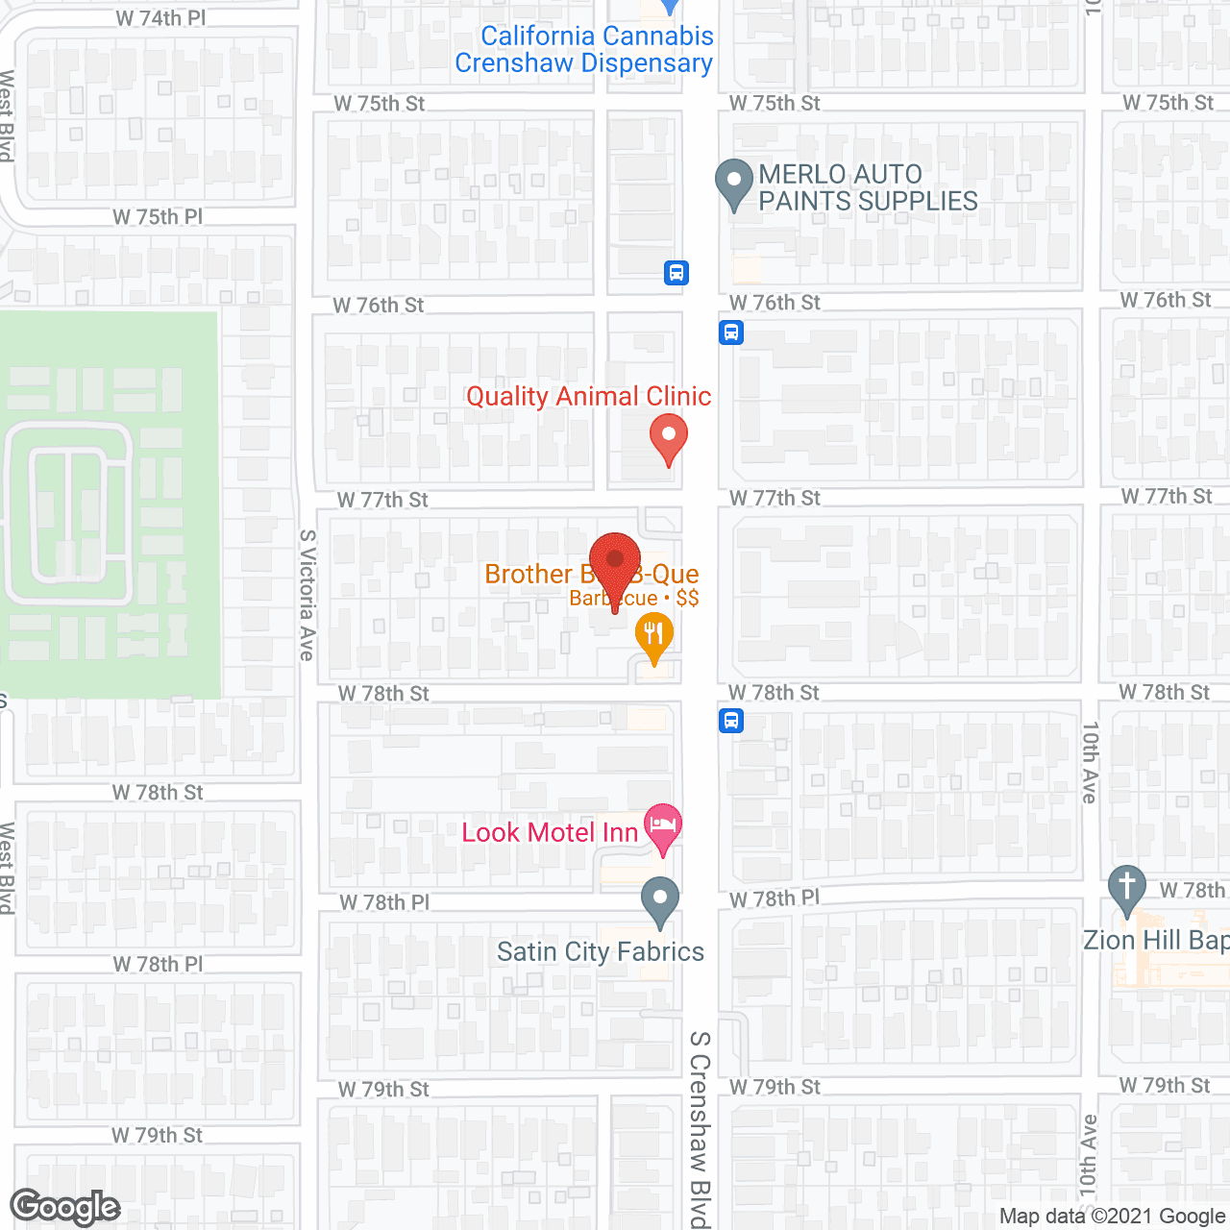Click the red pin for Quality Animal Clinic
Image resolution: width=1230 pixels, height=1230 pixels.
[x=669, y=438]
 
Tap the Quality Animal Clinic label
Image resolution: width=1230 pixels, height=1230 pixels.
[x=588, y=396]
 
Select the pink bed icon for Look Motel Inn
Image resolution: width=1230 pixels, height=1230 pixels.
[x=662, y=826]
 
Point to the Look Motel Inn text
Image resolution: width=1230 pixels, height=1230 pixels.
[x=550, y=832]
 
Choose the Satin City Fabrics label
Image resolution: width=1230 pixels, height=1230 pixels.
[x=601, y=951]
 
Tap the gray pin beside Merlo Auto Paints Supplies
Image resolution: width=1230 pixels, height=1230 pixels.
[x=735, y=183]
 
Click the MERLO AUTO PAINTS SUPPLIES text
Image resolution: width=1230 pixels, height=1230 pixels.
[x=868, y=187]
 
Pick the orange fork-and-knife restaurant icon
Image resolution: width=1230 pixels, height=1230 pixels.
[x=654, y=636]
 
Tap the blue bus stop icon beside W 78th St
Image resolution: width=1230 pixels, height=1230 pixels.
[x=731, y=720]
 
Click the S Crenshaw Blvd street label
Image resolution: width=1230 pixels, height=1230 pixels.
[x=700, y=1129]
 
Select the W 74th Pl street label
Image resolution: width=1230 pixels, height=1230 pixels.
[x=160, y=18]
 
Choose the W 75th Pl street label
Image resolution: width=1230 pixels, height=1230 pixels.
[x=158, y=217]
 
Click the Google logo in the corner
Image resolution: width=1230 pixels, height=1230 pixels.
[x=65, y=1207]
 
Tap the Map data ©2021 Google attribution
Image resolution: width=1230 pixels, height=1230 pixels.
[x=1112, y=1217]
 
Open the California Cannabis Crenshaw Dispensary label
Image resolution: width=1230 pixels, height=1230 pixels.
[x=585, y=49]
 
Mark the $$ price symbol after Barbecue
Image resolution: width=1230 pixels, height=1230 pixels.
[x=687, y=598]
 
